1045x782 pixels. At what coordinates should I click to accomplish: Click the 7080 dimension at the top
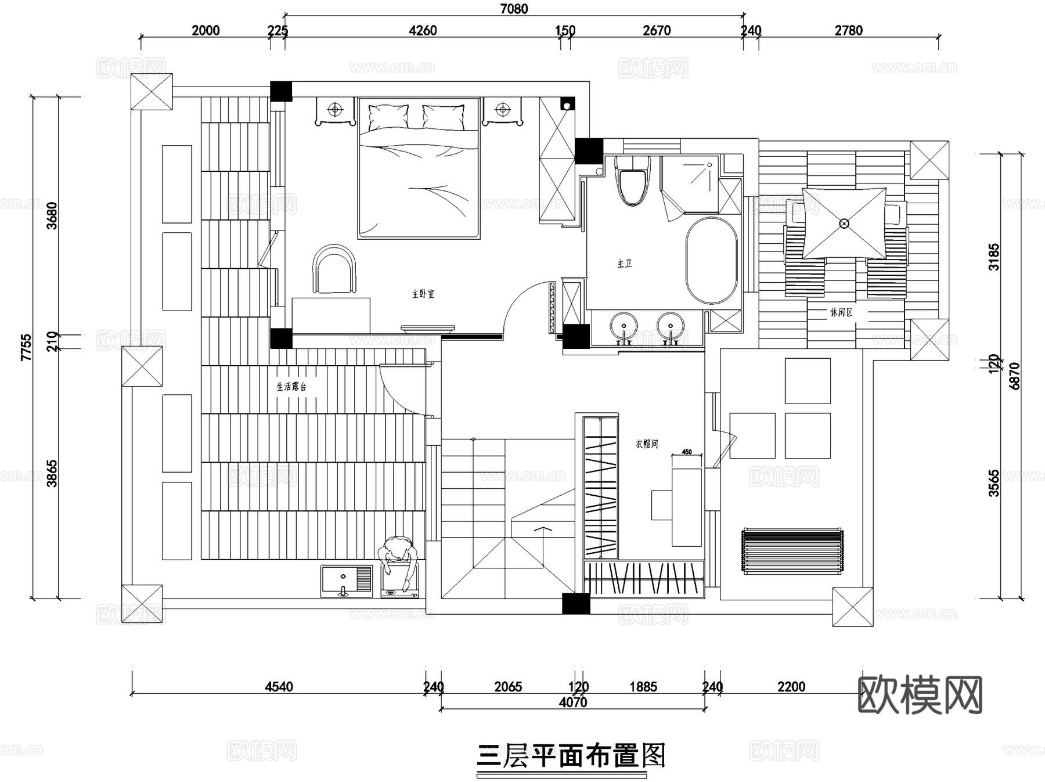(514, 9)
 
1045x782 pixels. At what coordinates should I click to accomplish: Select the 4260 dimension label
(423, 30)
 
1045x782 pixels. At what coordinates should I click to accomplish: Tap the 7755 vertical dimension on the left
(26, 347)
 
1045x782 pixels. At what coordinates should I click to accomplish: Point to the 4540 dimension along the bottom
(279, 687)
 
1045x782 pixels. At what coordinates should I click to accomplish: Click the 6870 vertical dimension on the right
(1014, 376)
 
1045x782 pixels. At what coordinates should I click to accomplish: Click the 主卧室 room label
(423, 294)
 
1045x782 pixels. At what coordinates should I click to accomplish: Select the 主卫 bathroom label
(624, 264)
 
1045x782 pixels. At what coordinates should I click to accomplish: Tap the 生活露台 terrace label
(291, 387)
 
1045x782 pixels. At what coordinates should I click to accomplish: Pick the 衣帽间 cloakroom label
(646, 444)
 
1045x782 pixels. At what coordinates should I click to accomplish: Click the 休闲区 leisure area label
(841, 312)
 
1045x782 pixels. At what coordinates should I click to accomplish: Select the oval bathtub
(712, 261)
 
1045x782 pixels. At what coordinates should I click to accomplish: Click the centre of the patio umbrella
(844, 224)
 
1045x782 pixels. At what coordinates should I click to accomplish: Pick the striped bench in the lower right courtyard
(792, 551)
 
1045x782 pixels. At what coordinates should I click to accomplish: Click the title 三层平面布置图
(571, 756)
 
